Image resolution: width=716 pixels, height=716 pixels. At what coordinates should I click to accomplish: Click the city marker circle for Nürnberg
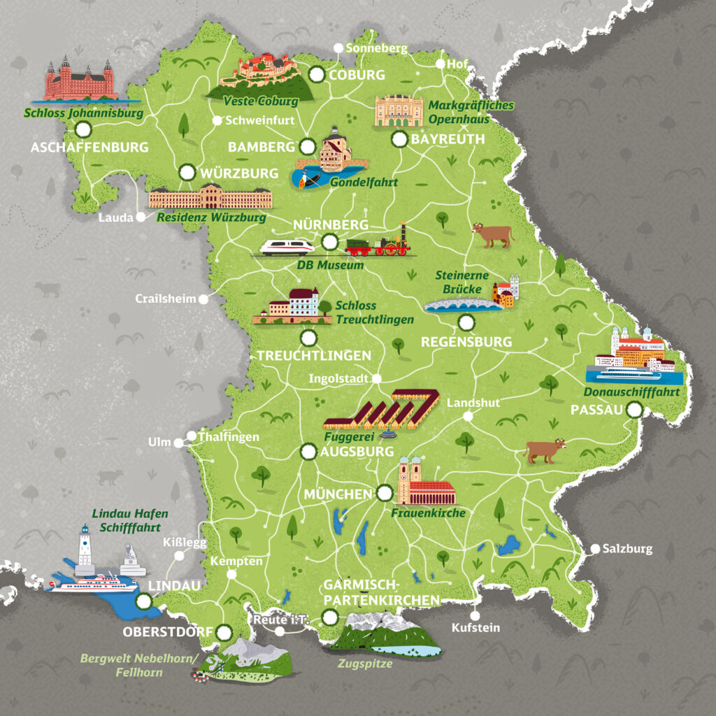(330, 242)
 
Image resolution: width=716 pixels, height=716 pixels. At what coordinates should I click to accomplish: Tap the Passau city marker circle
(635, 411)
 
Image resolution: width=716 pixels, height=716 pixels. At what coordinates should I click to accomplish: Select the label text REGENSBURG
(466, 342)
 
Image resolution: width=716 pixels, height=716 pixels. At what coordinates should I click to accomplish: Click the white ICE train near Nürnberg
(287, 247)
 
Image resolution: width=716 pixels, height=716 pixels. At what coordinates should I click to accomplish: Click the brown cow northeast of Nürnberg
(492, 235)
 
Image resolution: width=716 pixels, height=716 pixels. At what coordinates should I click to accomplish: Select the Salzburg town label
(627, 549)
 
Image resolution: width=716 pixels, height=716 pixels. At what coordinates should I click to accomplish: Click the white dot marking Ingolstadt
(376, 378)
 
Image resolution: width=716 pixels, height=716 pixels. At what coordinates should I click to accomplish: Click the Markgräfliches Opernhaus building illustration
(399, 111)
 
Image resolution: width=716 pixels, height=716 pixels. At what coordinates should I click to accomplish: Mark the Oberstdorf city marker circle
(224, 632)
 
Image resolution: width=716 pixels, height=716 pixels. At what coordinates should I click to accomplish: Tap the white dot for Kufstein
(475, 616)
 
